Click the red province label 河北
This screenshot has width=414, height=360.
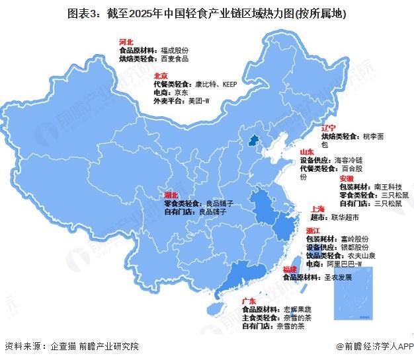(x=127, y=41)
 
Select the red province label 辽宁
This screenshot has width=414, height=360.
(x=329, y=127)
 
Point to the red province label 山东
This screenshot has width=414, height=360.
(x=306, y=151)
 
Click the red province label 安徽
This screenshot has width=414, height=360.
(x=347, y=178)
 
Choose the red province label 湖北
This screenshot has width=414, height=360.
(x=171, y=196)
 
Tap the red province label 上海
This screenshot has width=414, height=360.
(x=316, y=208)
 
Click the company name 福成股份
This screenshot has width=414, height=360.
(x=175, y=50)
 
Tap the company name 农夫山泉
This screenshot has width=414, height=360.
(x=360, y=254)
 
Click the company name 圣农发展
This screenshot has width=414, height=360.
(x=338, y=278)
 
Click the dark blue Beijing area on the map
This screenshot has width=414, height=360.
(x=251, y=140)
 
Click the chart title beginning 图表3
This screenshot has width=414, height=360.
(x=206, y=13)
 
